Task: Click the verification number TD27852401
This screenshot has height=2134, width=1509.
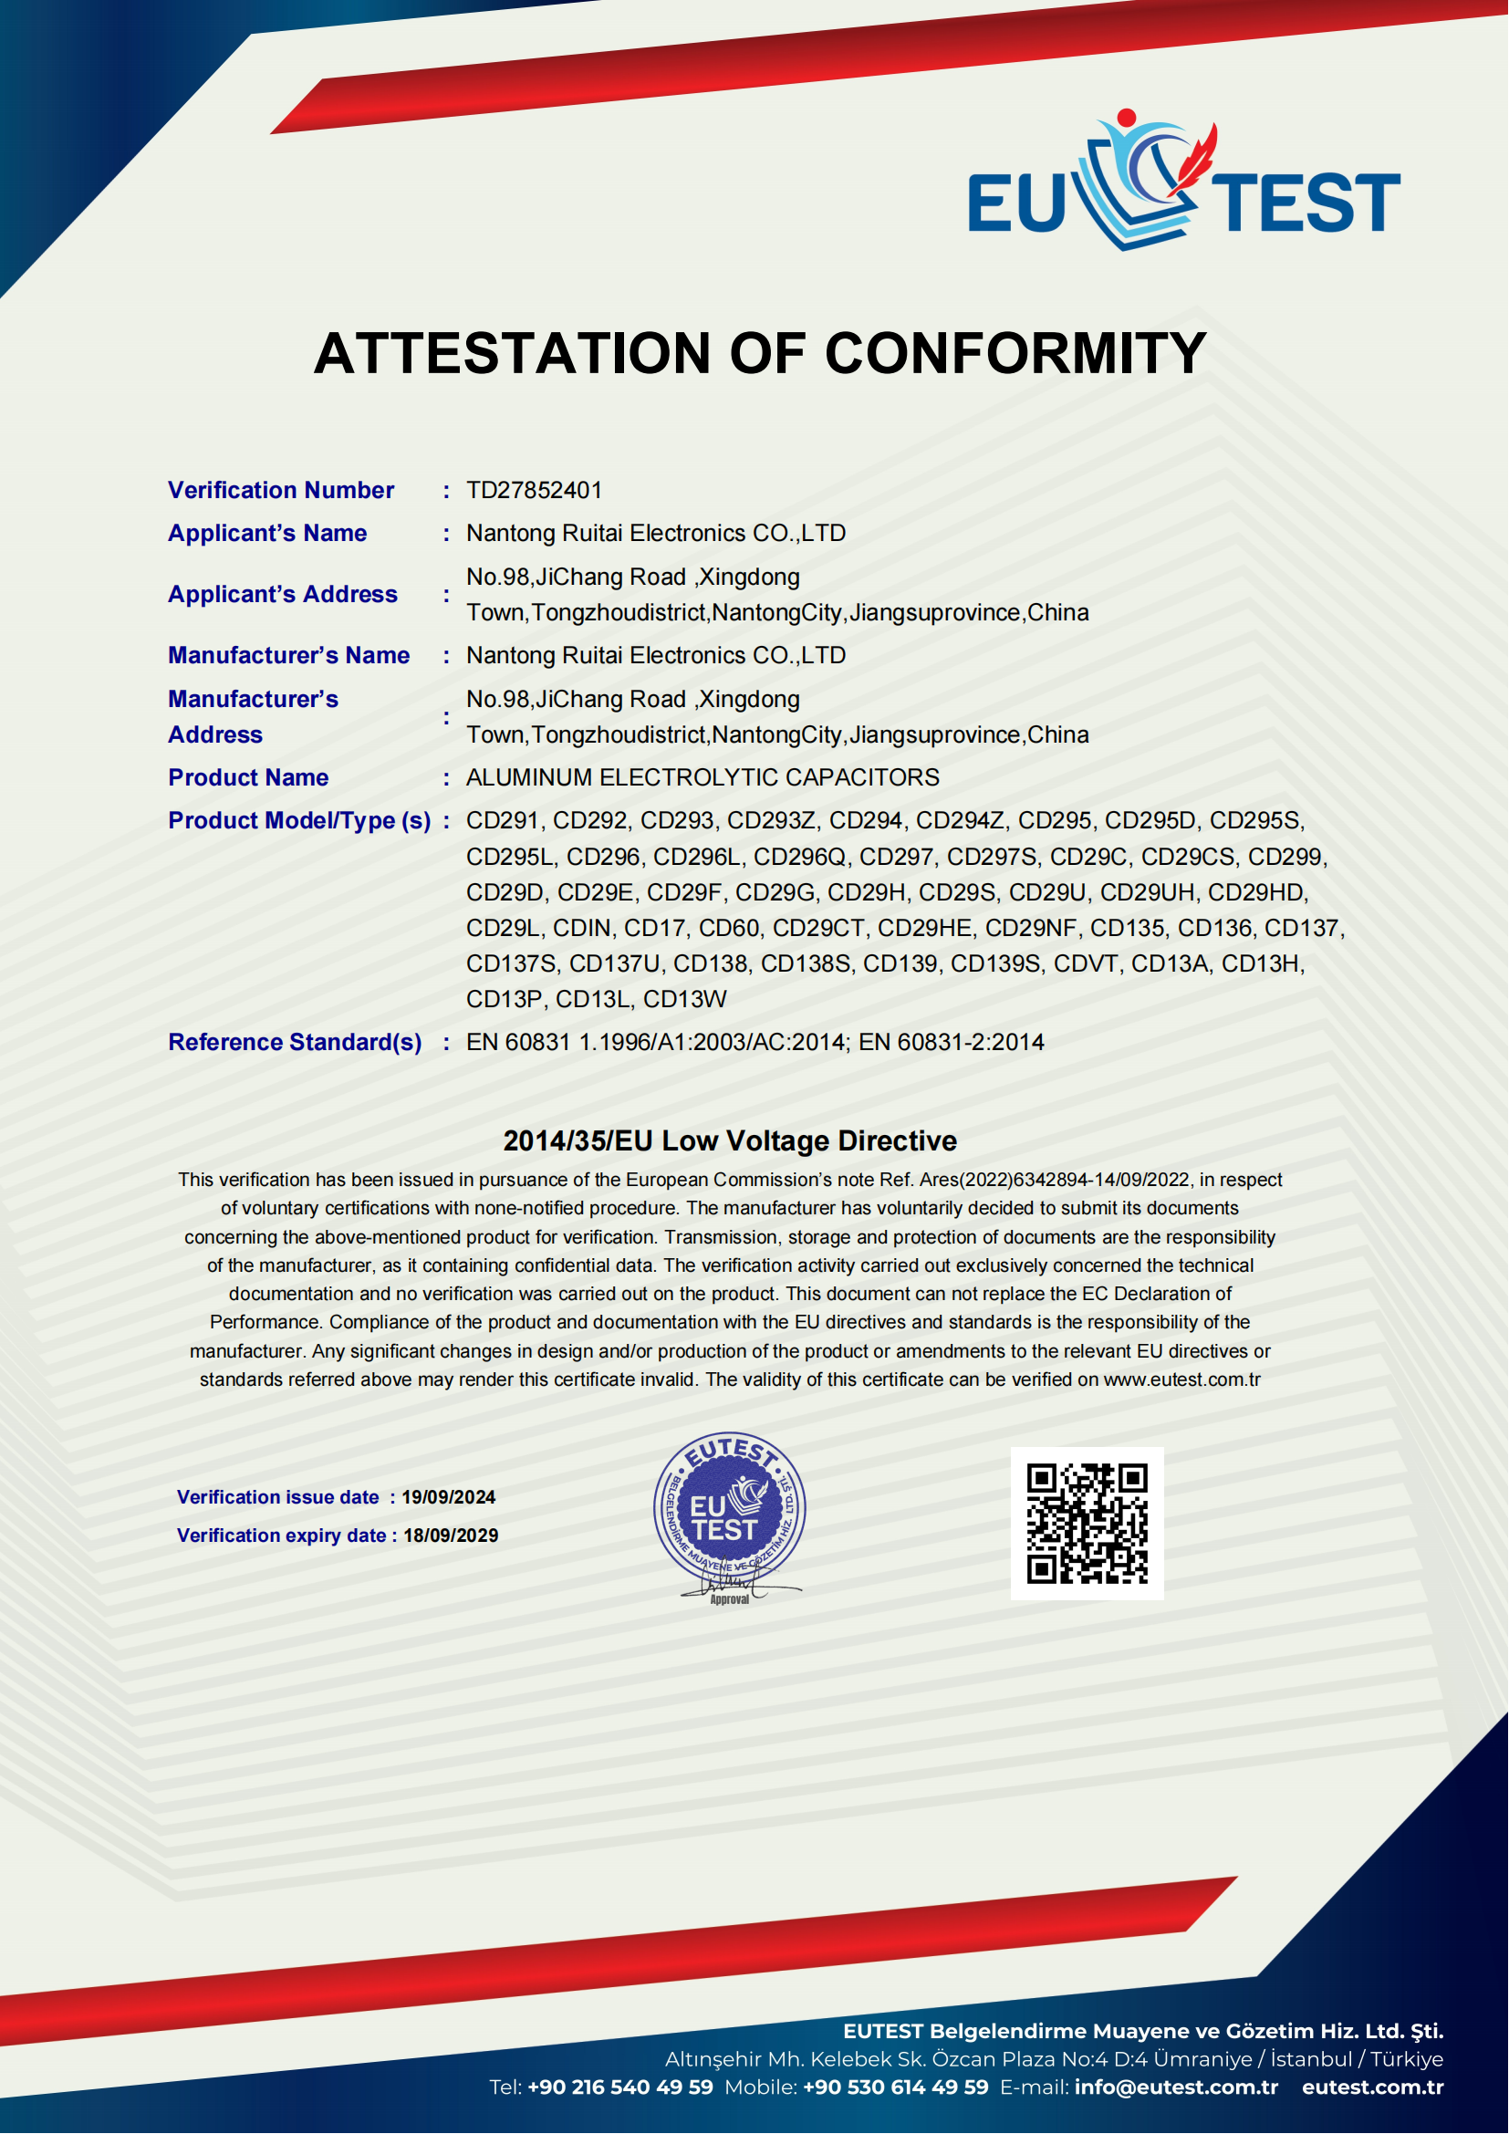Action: [x=535, y=490]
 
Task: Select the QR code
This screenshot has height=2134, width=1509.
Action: [x=1088, y=1524]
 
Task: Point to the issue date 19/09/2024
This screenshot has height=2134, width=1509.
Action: [x=448, y=1497]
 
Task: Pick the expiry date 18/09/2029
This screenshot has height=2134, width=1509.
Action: [x=451, y=1535]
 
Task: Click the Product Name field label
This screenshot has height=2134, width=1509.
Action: [x=248, y=777]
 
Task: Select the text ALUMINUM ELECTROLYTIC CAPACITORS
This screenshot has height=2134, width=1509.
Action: [x=702, y=777]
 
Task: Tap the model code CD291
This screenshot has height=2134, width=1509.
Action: [x=503, y=821]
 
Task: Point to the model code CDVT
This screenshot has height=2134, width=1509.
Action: [x=1086, y=963]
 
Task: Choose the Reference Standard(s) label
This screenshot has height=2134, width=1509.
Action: [x=295, y=1042]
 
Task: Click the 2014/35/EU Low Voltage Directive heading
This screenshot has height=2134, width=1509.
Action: [x=730, y=1140]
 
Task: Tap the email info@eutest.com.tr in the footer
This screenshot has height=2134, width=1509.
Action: [x=1176, y=2087]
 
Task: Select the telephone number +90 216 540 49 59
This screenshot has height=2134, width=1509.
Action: [x=619, y=2087]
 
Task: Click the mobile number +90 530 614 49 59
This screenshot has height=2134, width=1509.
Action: [x=896, y=2087]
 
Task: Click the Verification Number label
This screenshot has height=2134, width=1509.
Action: [x=281, y=490]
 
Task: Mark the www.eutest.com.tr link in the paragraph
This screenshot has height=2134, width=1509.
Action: [x=1181, y=1379]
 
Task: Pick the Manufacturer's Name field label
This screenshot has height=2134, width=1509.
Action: [x=288, y=655]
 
